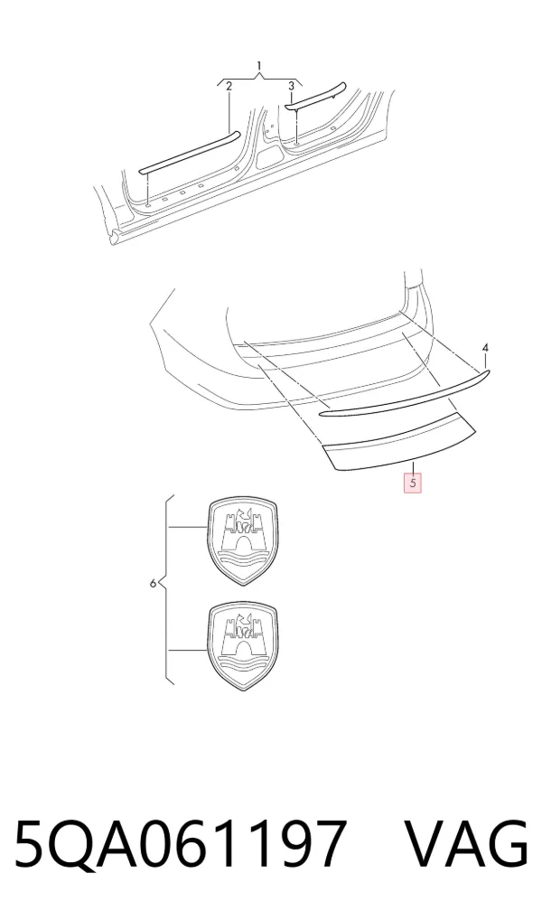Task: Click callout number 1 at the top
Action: (x=259, y=65)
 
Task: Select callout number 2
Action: (x=229, y=86)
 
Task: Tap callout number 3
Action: (x=291, y=86)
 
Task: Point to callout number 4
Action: (x=485, y=349)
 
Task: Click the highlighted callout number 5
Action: (x=413, y=483)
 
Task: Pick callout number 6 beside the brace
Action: (x=153, y=583)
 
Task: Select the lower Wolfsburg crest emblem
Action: (x=242, y=645)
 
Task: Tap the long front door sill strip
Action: (x=190, y=153)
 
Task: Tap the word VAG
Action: (x=467, y=844)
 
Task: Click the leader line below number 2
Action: (x=229, y=111)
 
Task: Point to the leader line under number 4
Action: (x=486, y=361)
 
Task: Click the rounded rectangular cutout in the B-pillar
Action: (x=270, y=155)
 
